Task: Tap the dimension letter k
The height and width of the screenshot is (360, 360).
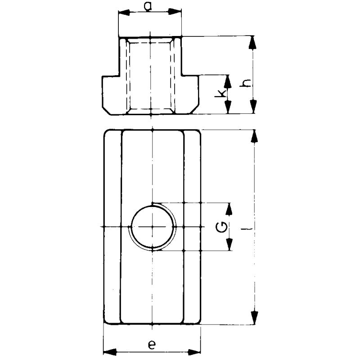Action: [x=220, y=94]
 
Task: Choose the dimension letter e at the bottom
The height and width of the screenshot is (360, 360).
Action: [x=152, y=345]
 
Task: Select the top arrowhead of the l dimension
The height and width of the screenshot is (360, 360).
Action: [x=255, y=137]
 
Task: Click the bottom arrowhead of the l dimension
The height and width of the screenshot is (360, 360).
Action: [x=255, y=317]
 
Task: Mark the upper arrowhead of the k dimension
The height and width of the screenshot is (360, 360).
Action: [x=228, y=81]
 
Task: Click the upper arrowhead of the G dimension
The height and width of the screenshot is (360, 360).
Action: [x=229, y=209]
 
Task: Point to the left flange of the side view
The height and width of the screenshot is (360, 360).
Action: [x=111, y=94]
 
